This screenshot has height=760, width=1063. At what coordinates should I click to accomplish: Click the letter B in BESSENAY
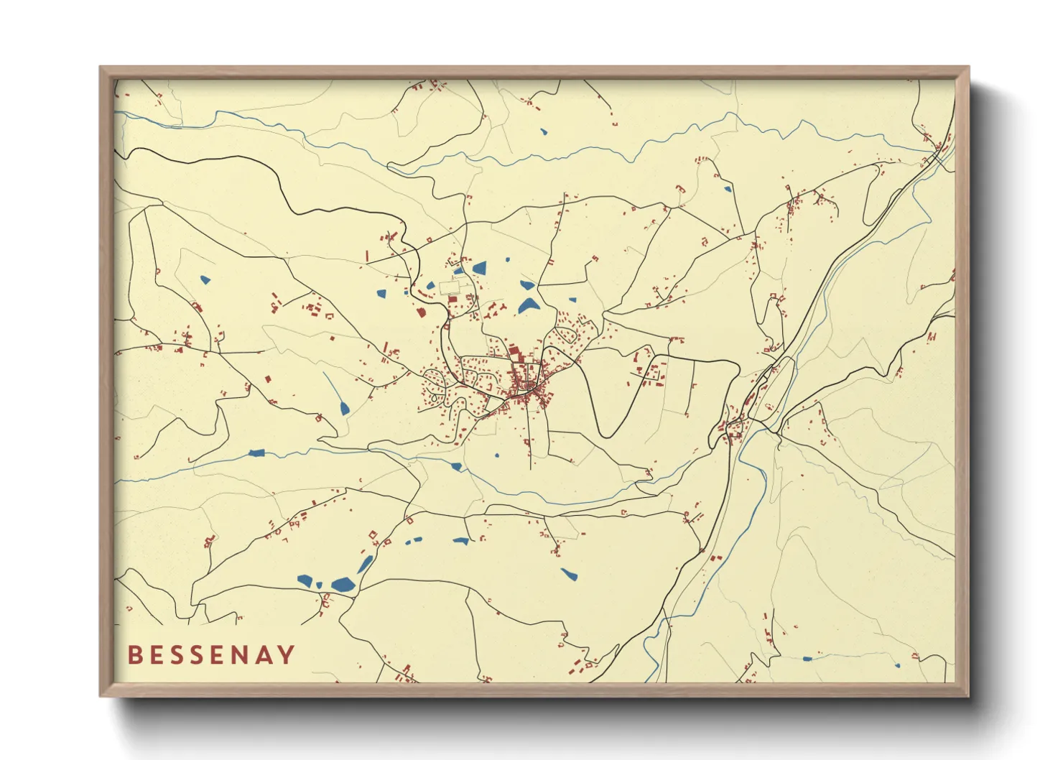coord(134,654)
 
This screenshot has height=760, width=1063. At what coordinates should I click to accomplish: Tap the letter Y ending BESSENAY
coord(286,654)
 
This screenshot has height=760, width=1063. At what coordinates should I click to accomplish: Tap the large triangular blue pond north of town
coord(529,305)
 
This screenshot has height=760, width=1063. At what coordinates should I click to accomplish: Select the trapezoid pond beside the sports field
coord(478,269)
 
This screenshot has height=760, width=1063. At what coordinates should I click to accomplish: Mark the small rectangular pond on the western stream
coord(256,453)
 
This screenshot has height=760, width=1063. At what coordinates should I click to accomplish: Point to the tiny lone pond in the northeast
coord(728,190)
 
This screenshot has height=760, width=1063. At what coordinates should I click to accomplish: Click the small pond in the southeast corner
coord(807,658)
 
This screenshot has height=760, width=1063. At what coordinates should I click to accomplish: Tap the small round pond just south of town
coord(496,455)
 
